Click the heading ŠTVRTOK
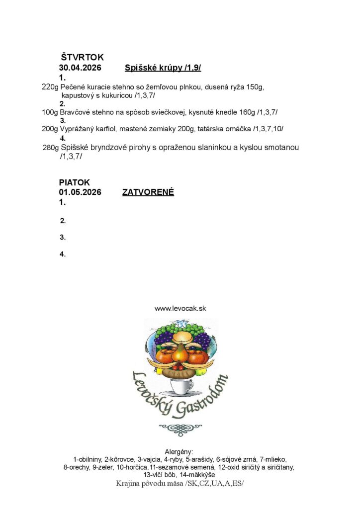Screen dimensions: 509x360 click(82, 58)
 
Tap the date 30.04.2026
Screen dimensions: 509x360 click(80, 68)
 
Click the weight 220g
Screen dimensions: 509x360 click(50, 87)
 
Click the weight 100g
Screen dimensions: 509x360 click(50, 112)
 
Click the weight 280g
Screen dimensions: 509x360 click(51, 148)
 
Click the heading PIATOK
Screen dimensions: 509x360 click(75, 182)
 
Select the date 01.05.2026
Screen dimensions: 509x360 click(80, 192)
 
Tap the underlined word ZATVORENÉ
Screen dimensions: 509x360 click(148, 192)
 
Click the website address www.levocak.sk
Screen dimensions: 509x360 click(180, 308)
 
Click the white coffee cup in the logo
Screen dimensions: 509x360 click(181, 386)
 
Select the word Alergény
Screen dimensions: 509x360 click(180, 452)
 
